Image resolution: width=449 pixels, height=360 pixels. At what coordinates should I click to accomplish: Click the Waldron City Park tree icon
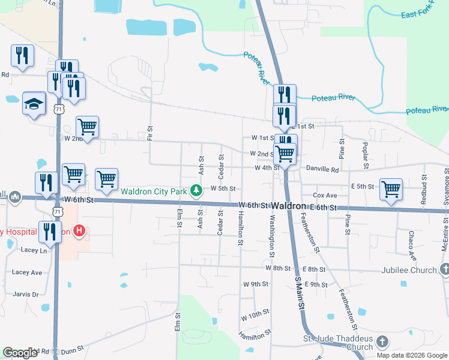pyautogui.click(x=195, y=191)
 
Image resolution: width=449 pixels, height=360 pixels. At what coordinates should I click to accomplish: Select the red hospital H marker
pyautogui.click(x=79, y=230)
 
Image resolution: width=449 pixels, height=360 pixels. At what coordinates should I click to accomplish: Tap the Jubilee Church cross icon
pyautogui.click(x=444, y=270)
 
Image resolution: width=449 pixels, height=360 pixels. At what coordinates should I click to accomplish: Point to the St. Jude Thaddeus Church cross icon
pyautogui.click(x=381, y=343)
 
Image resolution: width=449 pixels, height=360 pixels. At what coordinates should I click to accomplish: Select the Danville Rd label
pyautogui.click(x=322, y=170)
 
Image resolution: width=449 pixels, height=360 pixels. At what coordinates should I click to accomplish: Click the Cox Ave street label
pyautogui.click(x=325, y=196)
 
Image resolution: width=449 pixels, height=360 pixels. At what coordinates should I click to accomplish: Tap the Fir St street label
pyautogui.click(x=150, y=134)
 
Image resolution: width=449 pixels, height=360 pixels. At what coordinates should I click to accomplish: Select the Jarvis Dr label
pyautogui.click(x=26, y=294)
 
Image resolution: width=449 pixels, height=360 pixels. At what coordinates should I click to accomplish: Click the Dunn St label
pyautogui.click(x=72, y=350)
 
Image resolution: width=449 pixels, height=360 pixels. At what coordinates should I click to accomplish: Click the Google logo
pyautogui.click(x=20, y=353)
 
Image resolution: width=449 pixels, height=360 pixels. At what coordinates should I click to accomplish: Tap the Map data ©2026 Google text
pyautogui.click(x=412, y=355)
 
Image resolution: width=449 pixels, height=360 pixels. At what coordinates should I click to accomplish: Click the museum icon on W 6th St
pyautogui.click(x=14, y=197)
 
